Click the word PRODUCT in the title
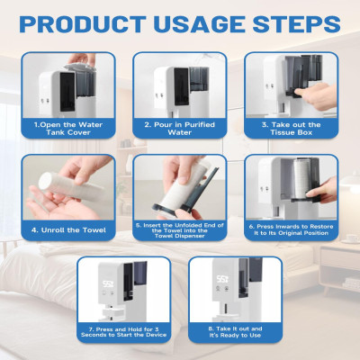83,24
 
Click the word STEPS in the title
297,24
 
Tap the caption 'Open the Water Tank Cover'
68,129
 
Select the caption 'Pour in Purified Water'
180,129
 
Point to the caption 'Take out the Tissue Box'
292,129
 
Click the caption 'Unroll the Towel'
68,230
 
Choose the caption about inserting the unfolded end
180,230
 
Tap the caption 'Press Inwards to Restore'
292,229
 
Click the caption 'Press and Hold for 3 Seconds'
123,332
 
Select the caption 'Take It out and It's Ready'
235,332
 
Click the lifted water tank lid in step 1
79,67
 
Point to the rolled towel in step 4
72,186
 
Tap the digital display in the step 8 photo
223,280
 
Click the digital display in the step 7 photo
108,283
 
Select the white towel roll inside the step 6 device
303,179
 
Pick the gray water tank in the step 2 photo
199,78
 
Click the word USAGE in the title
200,24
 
